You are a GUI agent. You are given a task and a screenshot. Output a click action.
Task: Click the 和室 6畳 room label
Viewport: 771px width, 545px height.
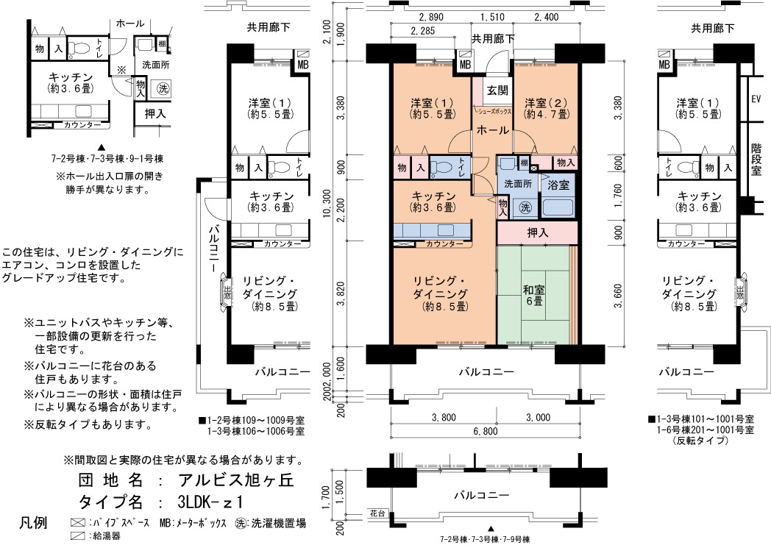click(x=535, y=295)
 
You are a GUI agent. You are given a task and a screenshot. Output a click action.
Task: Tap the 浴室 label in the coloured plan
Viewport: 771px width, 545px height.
click(x=558, y=185)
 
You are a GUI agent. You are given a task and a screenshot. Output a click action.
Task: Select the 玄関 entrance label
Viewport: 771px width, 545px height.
click(x=497, y=90)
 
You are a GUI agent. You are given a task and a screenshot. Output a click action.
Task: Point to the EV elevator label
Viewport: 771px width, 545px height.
click(x=756, y=99)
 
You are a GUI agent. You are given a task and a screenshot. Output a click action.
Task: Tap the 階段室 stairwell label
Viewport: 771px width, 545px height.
click(x=756, y=159)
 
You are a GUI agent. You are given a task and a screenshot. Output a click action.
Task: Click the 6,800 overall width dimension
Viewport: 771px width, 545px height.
click(x=486, y=432)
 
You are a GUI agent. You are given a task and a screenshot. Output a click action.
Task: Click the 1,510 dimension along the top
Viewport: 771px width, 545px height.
click(x=492, y=17)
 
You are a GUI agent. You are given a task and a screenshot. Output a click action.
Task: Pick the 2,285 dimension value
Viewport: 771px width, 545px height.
click(x=422, y=32)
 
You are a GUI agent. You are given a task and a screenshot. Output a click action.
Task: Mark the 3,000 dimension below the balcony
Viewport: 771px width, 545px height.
click(x=538, y=418)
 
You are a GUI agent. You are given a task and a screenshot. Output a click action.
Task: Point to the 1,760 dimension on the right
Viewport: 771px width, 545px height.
click(x=618, y=193)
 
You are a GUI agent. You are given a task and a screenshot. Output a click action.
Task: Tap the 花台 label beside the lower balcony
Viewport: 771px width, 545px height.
click(x=377, y=513)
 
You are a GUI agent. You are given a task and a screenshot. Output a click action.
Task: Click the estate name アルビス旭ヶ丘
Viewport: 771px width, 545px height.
click(x=236, y=480)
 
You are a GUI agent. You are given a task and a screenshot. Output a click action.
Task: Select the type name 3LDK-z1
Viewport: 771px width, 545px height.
click(x=211, y=502)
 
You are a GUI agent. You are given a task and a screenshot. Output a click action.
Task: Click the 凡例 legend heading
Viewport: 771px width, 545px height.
click(x=33, y=522)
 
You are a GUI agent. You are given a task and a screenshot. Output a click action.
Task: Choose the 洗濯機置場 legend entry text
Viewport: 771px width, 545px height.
click(x=278, y=523)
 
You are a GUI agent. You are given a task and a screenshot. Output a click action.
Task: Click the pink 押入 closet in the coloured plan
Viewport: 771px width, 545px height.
click(x=538, y=232)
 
